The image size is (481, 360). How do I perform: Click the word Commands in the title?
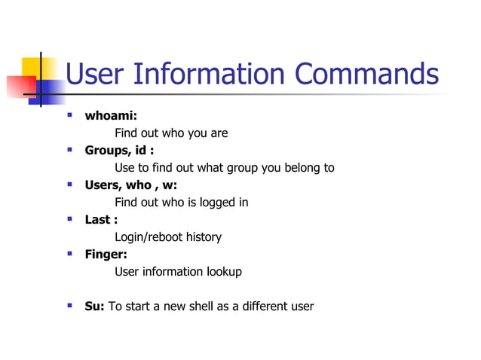coord(366,75)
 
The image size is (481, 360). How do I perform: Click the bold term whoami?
coord(110,116)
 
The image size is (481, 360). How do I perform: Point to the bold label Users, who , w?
coord(130,185)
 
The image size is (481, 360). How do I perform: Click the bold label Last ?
coord(101,220)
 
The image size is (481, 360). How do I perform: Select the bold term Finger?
coord(106,255)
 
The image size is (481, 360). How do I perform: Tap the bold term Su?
coord(95,307)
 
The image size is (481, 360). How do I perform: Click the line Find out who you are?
coord(170,133)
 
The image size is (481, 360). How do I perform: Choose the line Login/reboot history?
coord(167,237)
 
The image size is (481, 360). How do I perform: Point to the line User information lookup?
coord(178,272)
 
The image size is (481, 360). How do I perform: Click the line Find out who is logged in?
coord(181,203)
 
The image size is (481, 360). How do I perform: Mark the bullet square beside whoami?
coord(69,115)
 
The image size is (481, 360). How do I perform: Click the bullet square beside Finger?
coord(69,254)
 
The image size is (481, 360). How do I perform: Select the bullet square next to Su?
coord(69,306)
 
